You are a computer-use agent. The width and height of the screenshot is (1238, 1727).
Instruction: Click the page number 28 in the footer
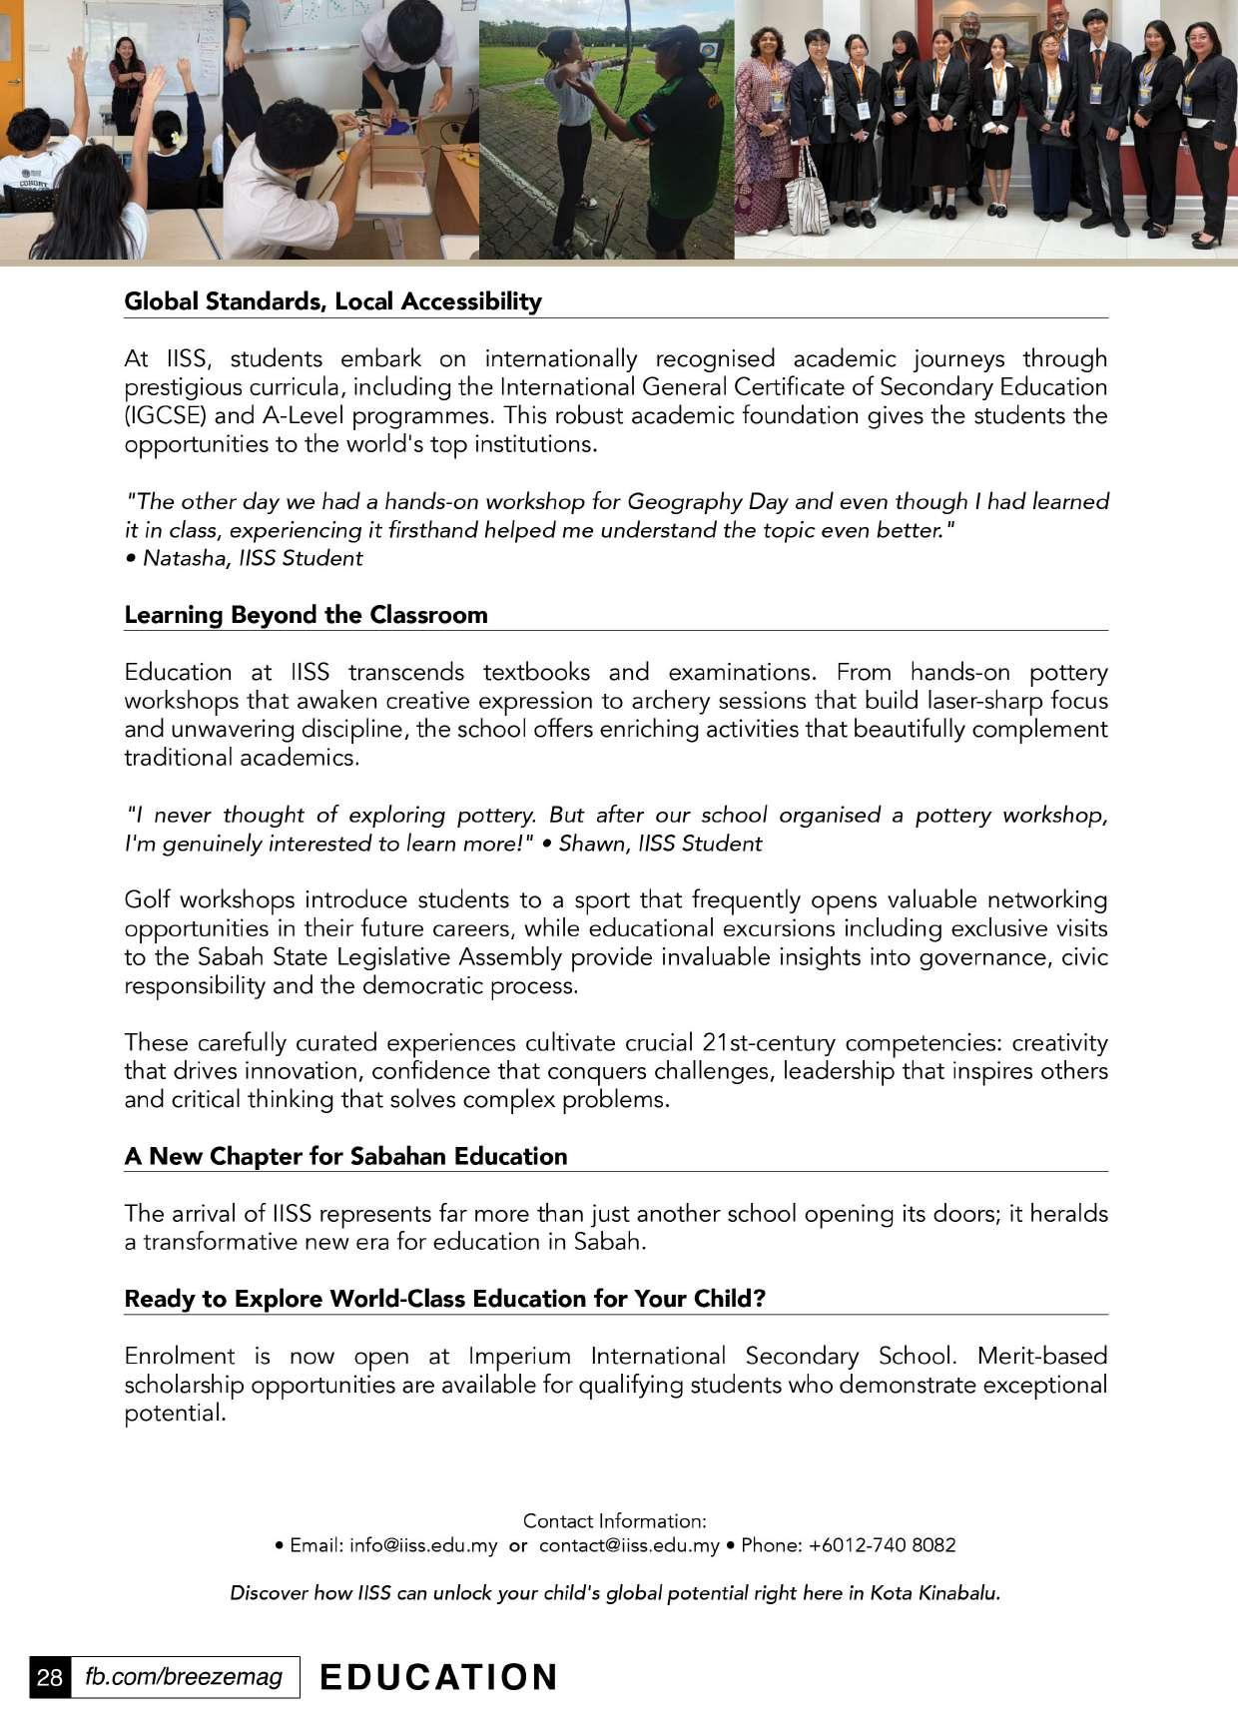(x=49, y=1676)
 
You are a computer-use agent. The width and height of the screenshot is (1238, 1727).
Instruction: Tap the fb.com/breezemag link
(x=184, y=1676)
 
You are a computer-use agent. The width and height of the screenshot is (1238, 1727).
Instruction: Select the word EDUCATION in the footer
(x=438, y=1677)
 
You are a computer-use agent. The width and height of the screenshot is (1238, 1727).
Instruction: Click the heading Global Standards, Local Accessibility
(x=332, y=301)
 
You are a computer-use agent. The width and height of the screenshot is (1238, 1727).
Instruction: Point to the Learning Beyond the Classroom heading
(x=306, y=615)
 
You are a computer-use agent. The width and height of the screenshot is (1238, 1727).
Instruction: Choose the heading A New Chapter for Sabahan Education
(x=345, y=1156)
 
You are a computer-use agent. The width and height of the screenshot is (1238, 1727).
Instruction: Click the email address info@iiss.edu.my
(x=423, y=1545)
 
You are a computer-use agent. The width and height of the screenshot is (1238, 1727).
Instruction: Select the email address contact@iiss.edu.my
(x=629, y=1545)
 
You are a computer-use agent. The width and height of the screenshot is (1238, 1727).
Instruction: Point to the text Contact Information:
(x=614, y=1521)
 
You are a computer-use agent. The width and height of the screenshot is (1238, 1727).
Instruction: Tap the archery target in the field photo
(x=710, y=50)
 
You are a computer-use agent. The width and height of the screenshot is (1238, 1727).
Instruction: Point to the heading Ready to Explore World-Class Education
(x=444, y=1299)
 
